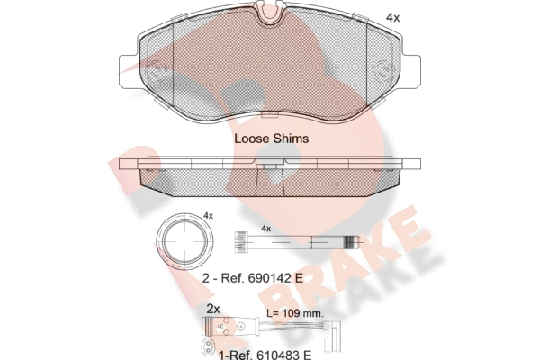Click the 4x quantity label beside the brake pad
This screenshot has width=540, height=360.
(392, 18)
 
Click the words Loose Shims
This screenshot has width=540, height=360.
(272, 139)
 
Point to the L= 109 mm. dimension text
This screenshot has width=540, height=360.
(295, 313)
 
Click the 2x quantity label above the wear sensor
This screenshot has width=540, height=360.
(213, 309)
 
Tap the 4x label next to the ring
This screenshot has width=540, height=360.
(208, 216)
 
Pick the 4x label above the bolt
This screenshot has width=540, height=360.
(265, 229)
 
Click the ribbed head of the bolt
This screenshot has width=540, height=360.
(241, 242)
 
